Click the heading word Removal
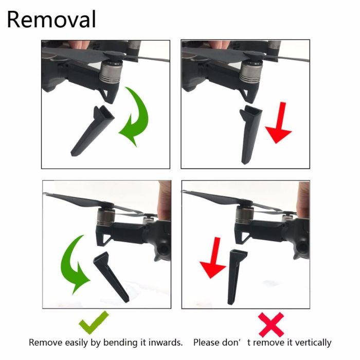(x=51, y=20)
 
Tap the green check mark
(x=93, y=322)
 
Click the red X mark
(x=271, y=325)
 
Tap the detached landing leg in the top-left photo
(x=92, y=131)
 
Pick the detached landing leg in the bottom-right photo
(x=236, y=277)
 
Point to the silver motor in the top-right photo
(x=251, y=71)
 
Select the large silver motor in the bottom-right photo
(x=244, y=214)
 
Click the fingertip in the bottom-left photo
(x=164, y=200)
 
